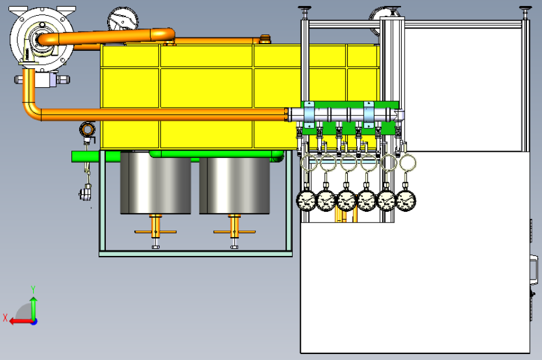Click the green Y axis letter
click(x=33, y=289)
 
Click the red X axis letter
click(x=5, y=318)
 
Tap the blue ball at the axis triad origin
click(x=33, y=322)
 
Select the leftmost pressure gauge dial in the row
click(x=306, y=201)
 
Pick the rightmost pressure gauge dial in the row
click(x=405, y=201)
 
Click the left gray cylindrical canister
click(x=155, y=183)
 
